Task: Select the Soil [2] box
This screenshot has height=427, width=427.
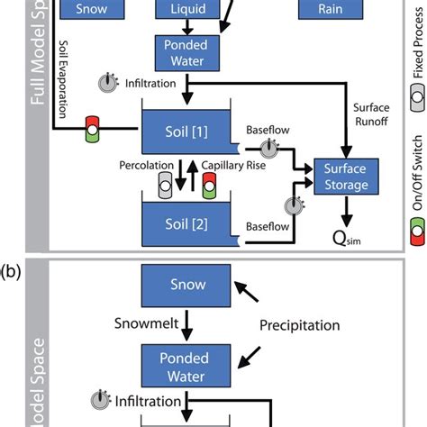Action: click(187, 221)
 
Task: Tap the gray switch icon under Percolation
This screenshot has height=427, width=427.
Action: click(166, 186)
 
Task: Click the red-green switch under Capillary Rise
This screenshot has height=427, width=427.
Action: click(209, 186)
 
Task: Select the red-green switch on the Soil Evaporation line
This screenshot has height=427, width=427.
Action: click(92, 130)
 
